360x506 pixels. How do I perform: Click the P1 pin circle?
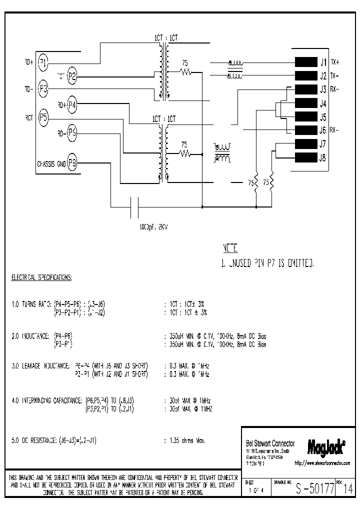tap(43, 62)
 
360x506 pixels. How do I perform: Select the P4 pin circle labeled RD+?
tap(72, 105)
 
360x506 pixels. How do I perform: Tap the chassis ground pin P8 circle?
tap(72, 163)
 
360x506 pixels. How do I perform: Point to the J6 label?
tap(322, 130)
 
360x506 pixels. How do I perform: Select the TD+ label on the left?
tap(28, 62)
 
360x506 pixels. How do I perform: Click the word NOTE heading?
tap(229, 248)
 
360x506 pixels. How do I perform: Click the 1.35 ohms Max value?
tap(184, 440)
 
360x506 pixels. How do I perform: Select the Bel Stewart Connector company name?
tap(270, 443)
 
